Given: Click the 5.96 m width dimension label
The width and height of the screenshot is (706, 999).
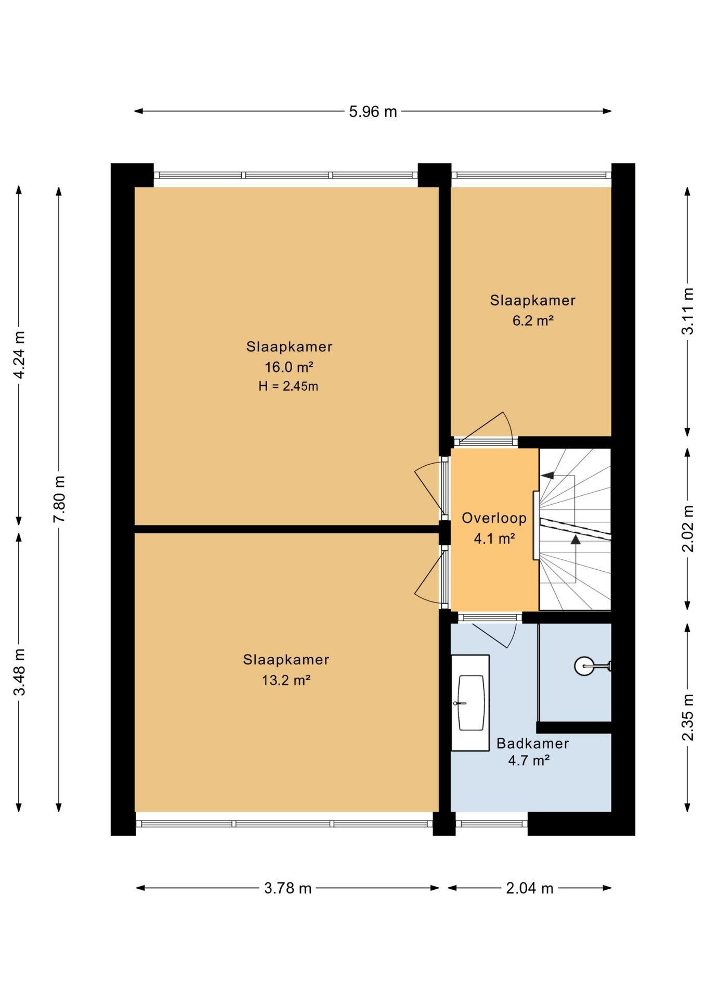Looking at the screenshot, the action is tap(373, 111).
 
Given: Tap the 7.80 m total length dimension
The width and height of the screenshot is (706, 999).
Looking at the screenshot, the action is tap(59, 499).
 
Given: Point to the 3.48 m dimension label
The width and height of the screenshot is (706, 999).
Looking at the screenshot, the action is tap(19, 672).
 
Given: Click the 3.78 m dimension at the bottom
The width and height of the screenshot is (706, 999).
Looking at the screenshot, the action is tap(288, 888).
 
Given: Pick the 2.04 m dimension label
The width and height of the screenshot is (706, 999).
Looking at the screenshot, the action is tap(529, 888).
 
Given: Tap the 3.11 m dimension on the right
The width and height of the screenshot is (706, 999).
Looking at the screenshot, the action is tap(688, 311).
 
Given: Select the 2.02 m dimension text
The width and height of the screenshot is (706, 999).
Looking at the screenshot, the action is tap(688, 529).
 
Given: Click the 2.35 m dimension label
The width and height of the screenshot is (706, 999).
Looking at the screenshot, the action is tap(688, 717).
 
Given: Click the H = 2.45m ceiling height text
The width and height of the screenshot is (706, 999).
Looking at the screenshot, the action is tap(289, 386).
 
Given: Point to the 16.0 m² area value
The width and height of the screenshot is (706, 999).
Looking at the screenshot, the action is tap(289, 367).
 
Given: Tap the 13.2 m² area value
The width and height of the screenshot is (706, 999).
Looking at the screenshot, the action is tap(286, 680).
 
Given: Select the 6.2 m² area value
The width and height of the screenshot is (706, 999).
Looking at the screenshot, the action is tap(533, 321).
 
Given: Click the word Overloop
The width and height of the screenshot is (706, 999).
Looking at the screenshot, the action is tap(494, 518).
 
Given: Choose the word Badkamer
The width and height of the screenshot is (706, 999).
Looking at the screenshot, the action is tap(532, 743).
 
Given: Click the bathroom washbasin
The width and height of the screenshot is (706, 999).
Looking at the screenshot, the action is tap(470, 702).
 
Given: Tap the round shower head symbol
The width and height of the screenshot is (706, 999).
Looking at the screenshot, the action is tap(584, 666).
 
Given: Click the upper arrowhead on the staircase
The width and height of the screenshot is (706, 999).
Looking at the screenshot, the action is tap(547, 475).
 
